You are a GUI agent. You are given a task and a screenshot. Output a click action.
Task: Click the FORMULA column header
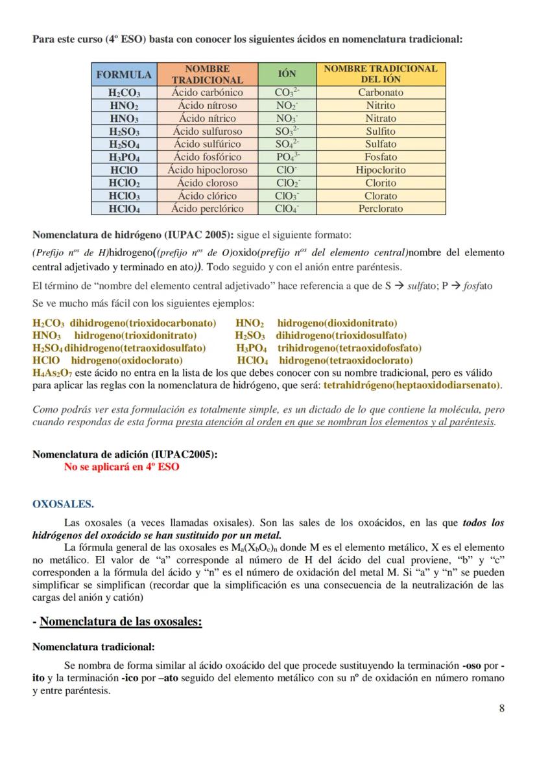(x=124, y=75)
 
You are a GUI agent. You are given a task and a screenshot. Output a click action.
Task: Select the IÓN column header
(x=287, y=75)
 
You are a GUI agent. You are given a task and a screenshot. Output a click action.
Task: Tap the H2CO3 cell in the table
(x=124, y=93)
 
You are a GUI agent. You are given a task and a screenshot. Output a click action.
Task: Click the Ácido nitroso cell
(x=208, y=106)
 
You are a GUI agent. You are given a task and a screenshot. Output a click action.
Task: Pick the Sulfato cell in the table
(x=381, y=144)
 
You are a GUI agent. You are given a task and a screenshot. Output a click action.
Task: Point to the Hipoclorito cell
(x=381, y=170)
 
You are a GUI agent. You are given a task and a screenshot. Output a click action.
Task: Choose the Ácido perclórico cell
(x=208, y=209)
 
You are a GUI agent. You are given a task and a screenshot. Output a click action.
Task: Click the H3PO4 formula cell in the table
(x=124, y=157)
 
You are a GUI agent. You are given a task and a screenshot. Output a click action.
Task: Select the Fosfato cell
(x=381, y=157)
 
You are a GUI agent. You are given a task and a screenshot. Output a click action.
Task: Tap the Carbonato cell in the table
(x=381, y=93)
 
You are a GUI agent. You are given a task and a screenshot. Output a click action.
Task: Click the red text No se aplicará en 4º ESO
(x=121, y=467)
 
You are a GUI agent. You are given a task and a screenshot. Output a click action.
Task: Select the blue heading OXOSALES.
(x=63, y=504)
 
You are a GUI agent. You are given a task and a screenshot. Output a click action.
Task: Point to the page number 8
(x=501, y=708)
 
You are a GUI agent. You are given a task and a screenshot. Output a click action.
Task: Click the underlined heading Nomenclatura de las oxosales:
(x=121, y=622)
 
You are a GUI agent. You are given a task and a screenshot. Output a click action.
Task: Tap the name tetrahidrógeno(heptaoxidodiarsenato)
(x=412, y=385)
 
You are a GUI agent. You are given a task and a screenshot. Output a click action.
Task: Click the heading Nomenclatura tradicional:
(x=93, y=647)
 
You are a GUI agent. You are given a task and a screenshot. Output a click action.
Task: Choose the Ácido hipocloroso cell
(x=208, y=170)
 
